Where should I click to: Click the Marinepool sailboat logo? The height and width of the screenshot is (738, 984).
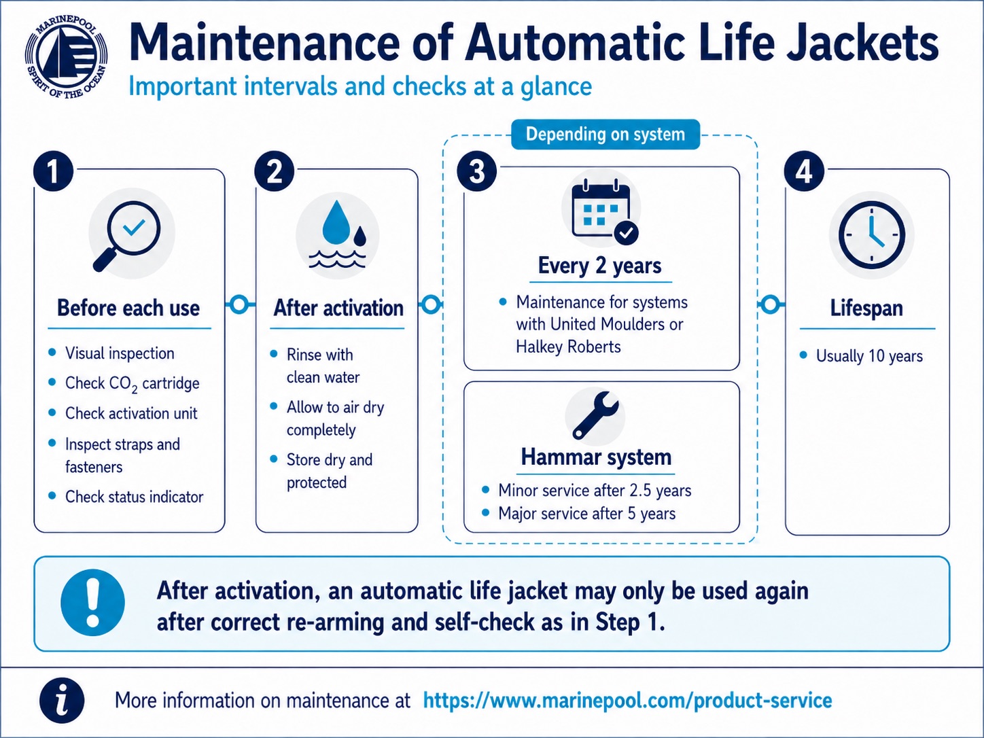click(67, 57)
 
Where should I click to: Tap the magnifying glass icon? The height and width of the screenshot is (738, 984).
click(127, 236)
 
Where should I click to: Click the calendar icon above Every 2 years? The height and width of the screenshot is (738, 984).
click(605, 211)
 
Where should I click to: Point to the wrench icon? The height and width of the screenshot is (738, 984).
click(595, 415)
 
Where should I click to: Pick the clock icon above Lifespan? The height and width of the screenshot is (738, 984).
click(871, 235)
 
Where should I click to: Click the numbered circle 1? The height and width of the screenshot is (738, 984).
click(54, 171)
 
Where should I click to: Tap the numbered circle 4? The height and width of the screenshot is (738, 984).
click(804, 171)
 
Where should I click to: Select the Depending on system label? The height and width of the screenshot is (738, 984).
click(605, 134)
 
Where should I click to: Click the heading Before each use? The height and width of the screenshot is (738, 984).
click(128, 309)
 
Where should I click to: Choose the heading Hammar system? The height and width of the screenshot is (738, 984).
click(596, 457)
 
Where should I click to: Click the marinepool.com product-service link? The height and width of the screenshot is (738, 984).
click(628, 701)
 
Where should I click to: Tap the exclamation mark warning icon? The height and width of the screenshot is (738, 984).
click(93, 603)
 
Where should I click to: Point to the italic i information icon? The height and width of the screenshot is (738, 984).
click(62, 701)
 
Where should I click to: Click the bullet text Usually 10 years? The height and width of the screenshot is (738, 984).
click(869, 356)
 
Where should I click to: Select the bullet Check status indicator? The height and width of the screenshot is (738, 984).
click(134, 497)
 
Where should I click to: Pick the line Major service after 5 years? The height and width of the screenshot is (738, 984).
click(587, 514)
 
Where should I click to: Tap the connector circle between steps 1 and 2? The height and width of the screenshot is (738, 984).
click(239, 304)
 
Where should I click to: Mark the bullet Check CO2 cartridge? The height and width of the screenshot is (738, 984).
click(133, 384)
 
